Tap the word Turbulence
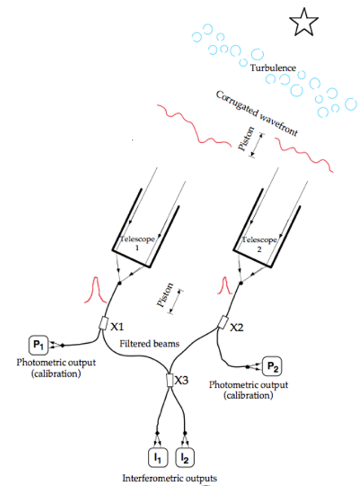[x=273, y=68]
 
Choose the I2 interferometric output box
[x=185, y=457]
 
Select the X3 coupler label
[x=183, y=380]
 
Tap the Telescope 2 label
[x=259, y=243]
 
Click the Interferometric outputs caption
[x=170, y=479]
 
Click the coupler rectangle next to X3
[x=170, y=380]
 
